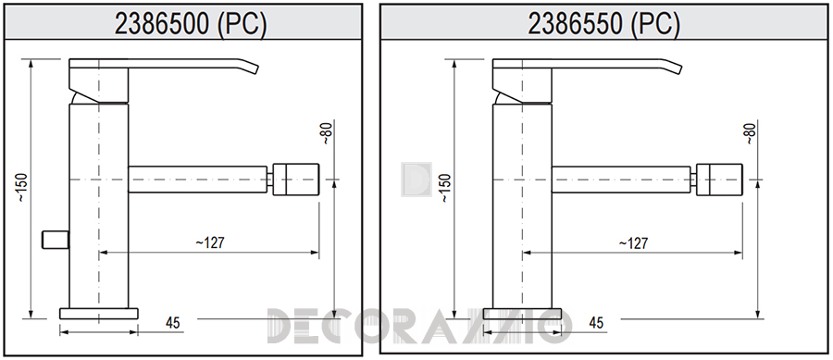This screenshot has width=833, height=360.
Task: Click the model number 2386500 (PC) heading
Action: pos(190,22)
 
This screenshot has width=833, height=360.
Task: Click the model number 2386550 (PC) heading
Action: pos(603,23)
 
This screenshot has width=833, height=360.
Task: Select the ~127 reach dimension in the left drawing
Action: pos(210,242)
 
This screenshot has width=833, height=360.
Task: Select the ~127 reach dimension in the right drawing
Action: pos(633,243)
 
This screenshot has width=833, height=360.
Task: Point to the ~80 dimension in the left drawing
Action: pos(326,133)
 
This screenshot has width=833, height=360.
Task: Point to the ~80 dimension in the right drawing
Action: pos(749,133)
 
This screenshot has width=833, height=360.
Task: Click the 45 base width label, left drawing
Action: pos(173,322)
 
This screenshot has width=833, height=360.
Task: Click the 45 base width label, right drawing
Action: pos(596,322)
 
